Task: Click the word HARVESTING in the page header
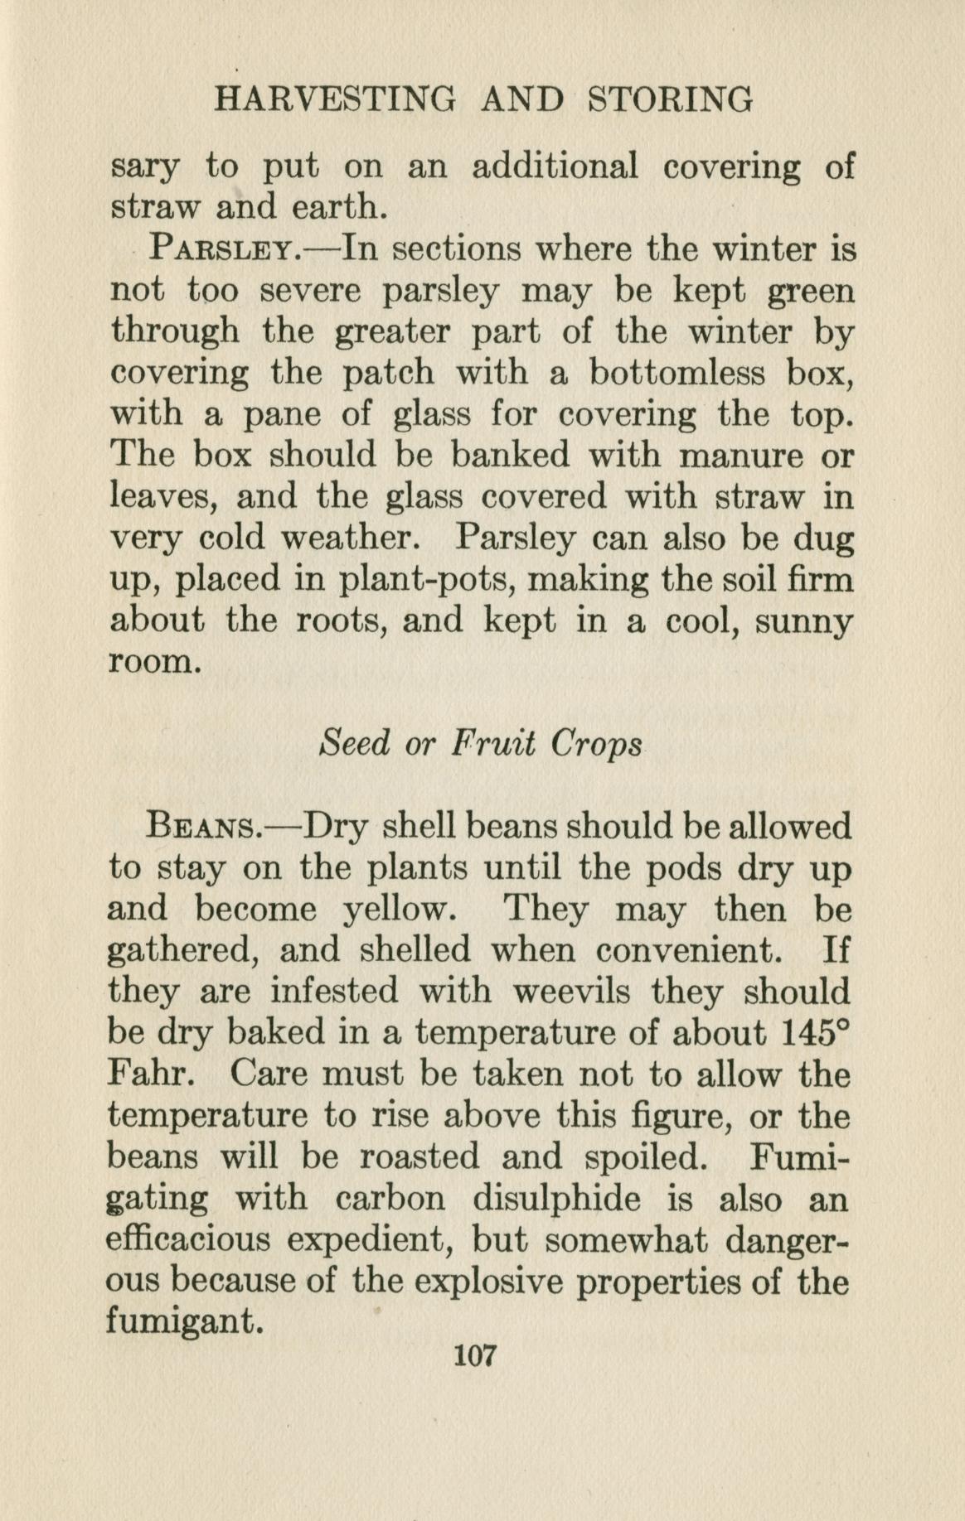335,99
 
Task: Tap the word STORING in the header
670,99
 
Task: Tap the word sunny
803,621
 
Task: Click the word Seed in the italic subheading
354,743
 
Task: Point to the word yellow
398,910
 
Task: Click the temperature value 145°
817,1032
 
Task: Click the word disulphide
556,1199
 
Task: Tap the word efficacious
189,1240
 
